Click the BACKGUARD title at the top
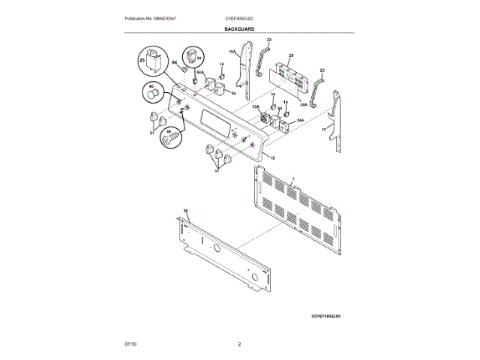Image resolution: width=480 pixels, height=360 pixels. tap(239, 28)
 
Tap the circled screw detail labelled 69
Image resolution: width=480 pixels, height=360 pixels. tap(172, 138)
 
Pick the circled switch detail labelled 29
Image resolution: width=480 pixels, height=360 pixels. tap(196, 56)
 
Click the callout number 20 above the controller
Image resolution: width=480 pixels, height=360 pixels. tap(291, 55)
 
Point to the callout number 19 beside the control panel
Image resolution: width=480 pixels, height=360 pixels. tap(272, 159)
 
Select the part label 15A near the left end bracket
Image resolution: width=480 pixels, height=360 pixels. tap(232, 53)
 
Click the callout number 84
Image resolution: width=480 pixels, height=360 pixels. tap(174, 64)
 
